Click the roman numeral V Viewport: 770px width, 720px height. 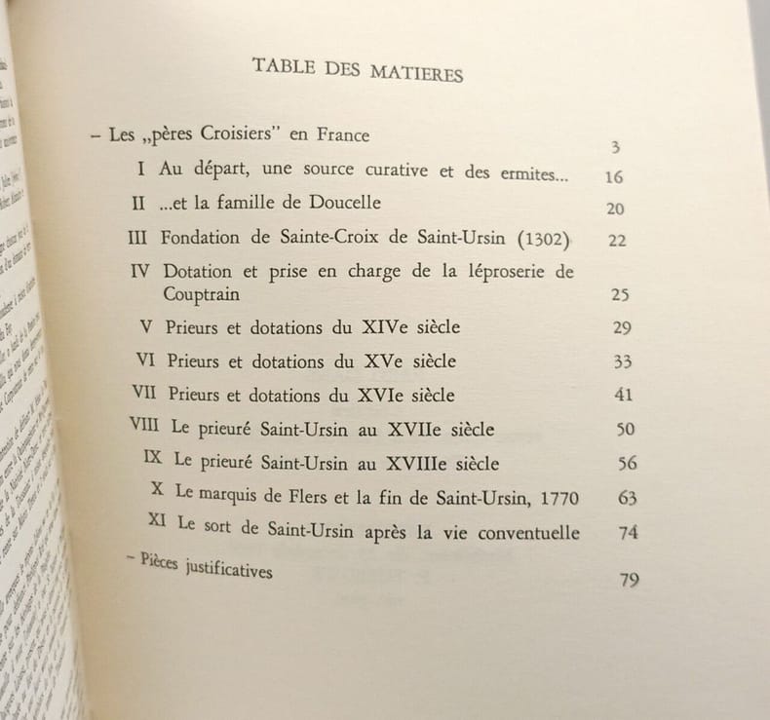pos(147,325)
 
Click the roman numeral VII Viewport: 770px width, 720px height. pos(143,393)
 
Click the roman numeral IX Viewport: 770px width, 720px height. pos(153,457)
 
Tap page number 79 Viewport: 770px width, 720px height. pos(629,581)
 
